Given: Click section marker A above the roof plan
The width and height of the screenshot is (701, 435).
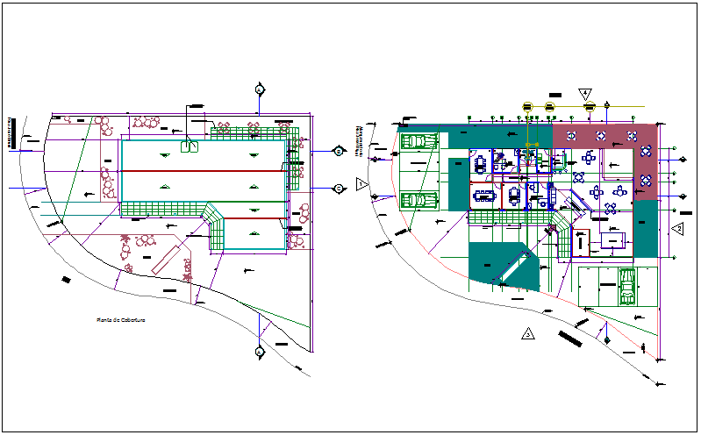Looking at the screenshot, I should click(260, 89).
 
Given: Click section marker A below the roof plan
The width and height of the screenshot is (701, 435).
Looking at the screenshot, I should click(260, 353).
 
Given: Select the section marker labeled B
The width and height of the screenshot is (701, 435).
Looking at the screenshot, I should click(338, 151).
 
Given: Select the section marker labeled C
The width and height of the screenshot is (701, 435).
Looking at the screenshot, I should click(338, 188).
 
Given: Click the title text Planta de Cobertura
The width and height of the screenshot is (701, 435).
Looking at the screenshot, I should click(120, 320).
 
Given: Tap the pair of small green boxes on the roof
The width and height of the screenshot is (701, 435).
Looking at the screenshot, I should click(189, 147).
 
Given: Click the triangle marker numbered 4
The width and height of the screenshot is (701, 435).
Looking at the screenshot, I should click(585, 93).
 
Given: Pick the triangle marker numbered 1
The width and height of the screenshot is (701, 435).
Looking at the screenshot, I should click(362, 183).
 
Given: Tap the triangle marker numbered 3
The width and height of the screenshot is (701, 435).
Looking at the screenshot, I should click(526, 333).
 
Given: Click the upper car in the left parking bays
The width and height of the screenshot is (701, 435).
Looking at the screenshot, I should click(419, 141).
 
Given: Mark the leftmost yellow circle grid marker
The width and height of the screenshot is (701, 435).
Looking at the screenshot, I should click(527, 107).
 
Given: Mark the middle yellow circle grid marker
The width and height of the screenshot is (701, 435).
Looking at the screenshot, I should click(550, 107).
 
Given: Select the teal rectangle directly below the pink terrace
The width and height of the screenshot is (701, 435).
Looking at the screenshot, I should click(645, 227).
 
